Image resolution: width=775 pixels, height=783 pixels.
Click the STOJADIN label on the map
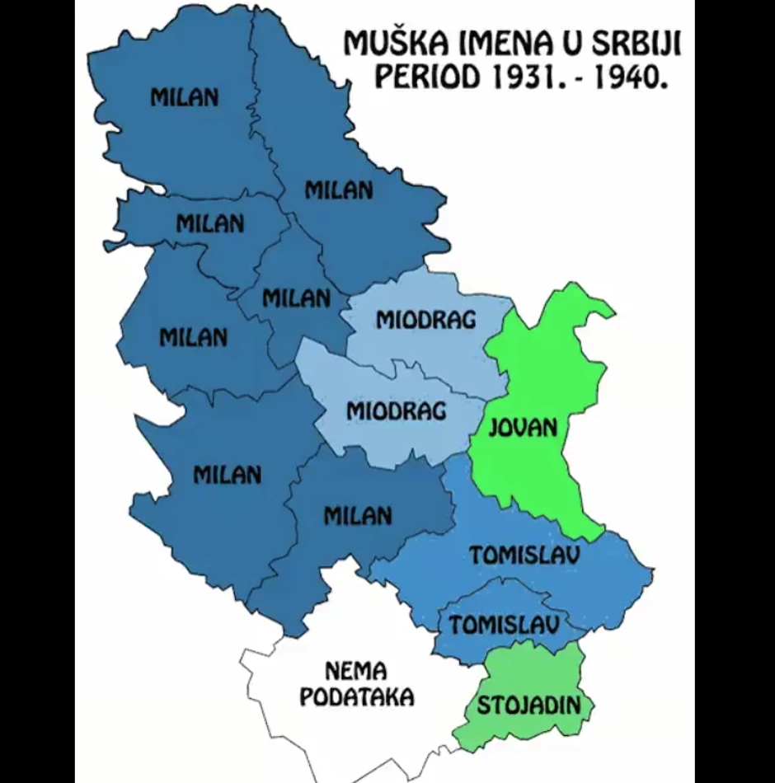[528, 706]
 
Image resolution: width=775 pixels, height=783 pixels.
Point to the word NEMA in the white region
[355, 670]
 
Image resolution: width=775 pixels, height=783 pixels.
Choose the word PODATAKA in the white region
[356, 697]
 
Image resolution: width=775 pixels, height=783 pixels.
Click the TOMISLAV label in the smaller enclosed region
[505, 625]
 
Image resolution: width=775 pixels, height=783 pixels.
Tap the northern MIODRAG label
[426, 320]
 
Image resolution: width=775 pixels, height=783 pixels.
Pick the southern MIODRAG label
[396, 410]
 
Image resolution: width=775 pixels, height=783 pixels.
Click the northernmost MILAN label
[185, 97]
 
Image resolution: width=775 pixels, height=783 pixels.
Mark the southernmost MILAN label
[357, 517]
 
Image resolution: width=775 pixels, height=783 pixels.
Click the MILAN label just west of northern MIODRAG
[296, 298]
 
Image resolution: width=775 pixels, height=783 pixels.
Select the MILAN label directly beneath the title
[339, 190]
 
